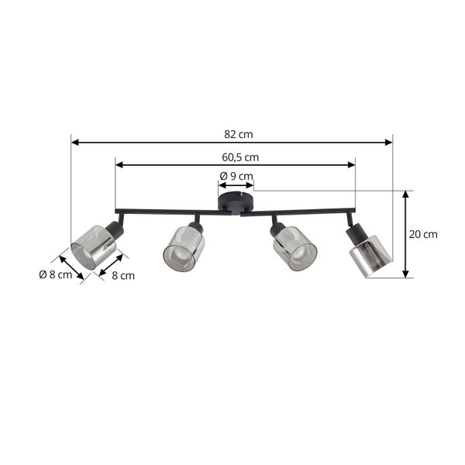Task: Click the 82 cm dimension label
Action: pyautogui.click(x=239, y=134)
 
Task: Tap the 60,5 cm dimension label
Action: pyautogui.click(x=240, y=157)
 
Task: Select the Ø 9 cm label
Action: pyautogui.click(x=236, y=176)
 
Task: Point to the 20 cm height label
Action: pyautogui.click(x=423, y=234)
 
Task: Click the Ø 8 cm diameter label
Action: pyautogui.click(x=56, y=274)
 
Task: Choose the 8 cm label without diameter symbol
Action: pyautogui.click(x=123, y=275)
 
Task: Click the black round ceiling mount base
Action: pyautogui.click(x=236, y=203)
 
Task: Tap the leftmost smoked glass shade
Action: pyautogui.click(x=93, y=247)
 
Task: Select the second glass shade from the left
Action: pyautogui.click(x=184, y=249)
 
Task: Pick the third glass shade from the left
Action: pyautogui.click(x=294, y=249)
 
